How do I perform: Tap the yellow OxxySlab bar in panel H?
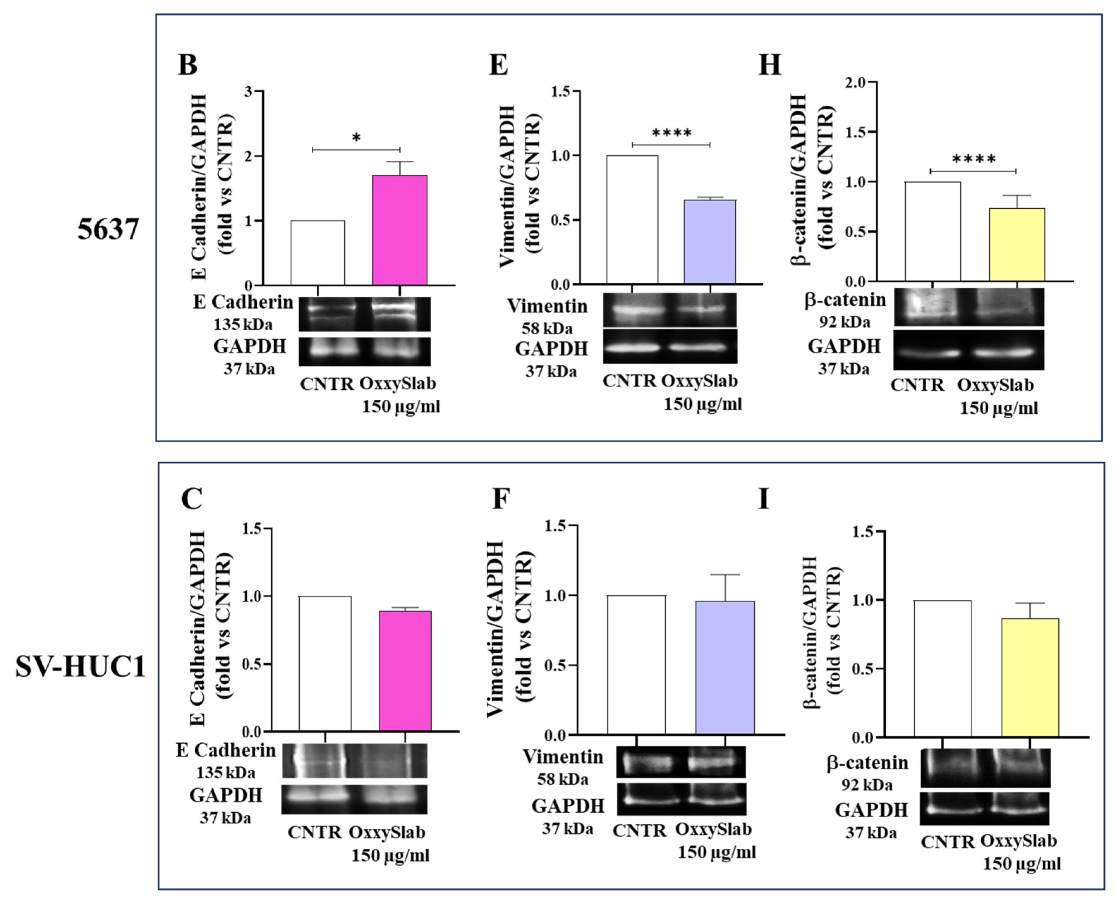(x=1016, y=245)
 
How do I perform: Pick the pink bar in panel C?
(x=405, y=671)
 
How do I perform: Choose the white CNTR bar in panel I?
(x=943, y=668)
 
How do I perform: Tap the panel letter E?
(x=498, y=66)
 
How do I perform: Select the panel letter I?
(x=763, y=499)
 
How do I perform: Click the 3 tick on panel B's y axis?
(x=248, y=92)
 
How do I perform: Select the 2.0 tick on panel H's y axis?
(x=854, y=82)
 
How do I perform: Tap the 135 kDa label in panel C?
(x=225, y=773)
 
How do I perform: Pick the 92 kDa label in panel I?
(x=867, y=785)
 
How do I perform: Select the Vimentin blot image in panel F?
(x=681, y=762)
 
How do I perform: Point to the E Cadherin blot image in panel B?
(x=365, y=314)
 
